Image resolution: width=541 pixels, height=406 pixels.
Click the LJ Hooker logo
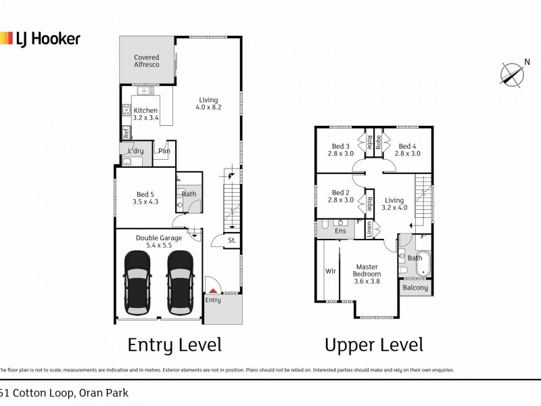(41, 39)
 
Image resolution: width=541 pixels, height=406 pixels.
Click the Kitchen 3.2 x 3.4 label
(145, 114)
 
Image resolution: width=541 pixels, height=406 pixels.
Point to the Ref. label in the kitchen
(126, 132)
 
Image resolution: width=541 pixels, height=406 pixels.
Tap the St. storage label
(231, 240)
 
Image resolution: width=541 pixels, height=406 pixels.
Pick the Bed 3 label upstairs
(340, 150)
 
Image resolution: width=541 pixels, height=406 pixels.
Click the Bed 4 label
(409, 150)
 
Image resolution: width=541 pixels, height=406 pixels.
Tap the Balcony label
(415, 288)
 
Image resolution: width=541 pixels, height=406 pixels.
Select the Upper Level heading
(374, 345)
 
